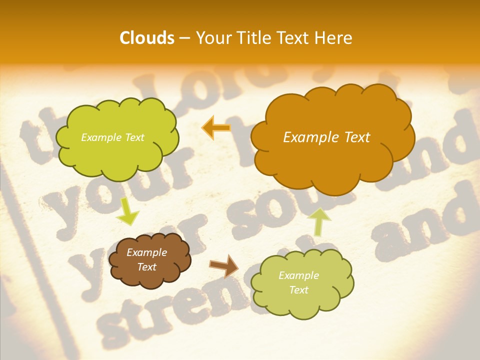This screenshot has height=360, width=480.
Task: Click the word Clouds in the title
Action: (147, 38)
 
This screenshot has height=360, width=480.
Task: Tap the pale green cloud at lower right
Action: (302, 300)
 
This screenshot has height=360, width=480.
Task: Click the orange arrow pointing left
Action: (216, 127)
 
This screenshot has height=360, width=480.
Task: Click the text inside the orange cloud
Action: (326, 137)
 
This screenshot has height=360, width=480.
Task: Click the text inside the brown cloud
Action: (147, 260)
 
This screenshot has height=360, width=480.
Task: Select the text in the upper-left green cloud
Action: (112, 137)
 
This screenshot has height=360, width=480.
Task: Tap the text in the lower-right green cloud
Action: (298, 282)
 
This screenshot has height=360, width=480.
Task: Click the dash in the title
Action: (184, 38)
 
